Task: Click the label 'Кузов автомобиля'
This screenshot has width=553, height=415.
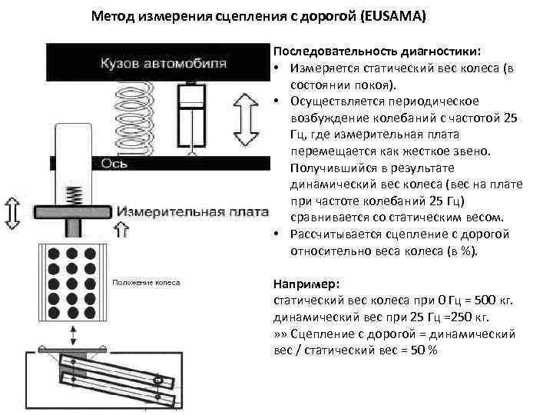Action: pyautogui.click(x=162, y=62)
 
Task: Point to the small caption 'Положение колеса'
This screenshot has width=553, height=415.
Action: pyautogui.click(x=147, y=283)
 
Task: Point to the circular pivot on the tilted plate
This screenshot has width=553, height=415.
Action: pyautogui.click(x=158, y=380)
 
